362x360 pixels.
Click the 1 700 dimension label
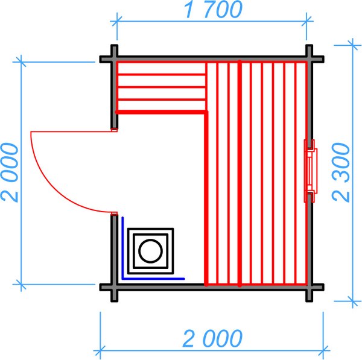point(213,10)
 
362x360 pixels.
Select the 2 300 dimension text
point(341,172)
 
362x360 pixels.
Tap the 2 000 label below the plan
point(212,338)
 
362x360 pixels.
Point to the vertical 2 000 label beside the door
point(9,172)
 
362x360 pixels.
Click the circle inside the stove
point(150,251)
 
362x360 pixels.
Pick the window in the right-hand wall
point(311,171)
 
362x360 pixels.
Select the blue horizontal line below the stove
point(153,279)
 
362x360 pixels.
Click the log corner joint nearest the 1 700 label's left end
point(114,59)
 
